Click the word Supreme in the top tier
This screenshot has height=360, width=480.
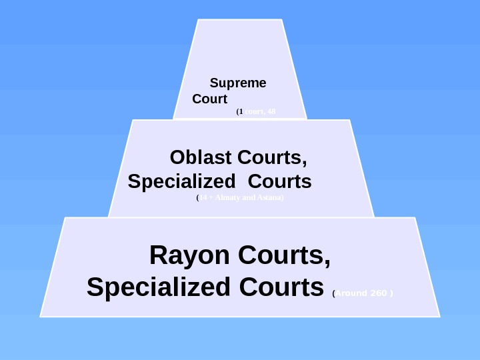(238, 83)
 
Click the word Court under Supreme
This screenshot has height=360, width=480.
(209, 99)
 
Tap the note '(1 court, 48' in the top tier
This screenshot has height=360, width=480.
(256, 112)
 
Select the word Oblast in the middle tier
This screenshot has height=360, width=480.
(200, 159)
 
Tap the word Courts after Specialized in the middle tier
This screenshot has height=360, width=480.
(283, 181)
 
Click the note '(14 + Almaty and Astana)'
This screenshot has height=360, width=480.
(240, 198)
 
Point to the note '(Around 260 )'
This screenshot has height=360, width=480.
(363, 292)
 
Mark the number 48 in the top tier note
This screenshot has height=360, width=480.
(271, 112)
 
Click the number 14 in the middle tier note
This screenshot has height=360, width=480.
(203, 198)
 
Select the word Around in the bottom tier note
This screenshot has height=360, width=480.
(351, 292)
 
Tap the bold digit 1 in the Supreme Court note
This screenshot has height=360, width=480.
(241, 112)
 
